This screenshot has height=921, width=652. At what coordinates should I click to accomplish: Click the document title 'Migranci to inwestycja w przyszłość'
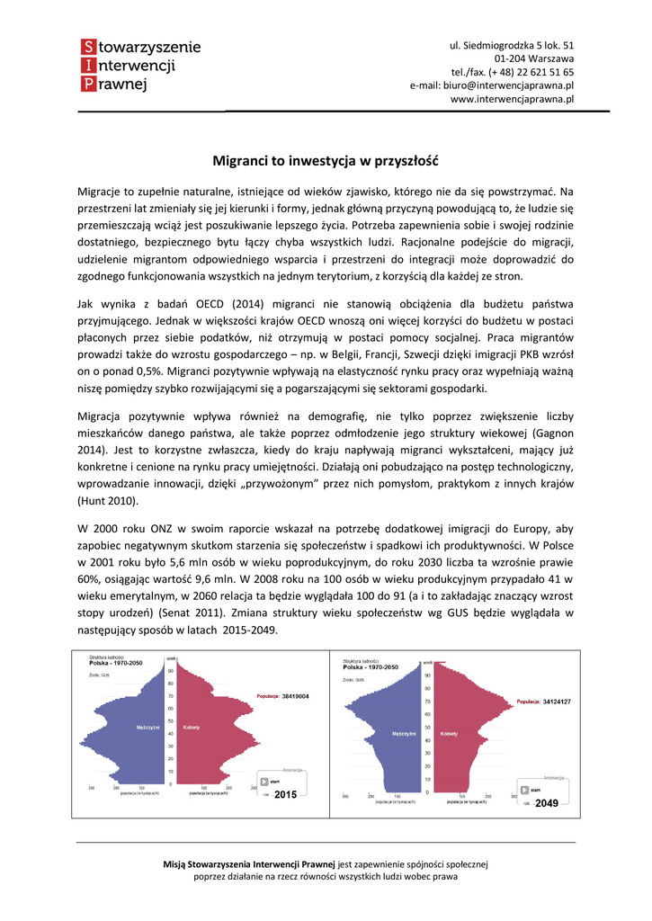coord(325,162)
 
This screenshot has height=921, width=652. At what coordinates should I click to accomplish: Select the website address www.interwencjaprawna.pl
coord(512,100)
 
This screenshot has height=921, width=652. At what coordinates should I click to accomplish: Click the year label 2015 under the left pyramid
coord(285,795)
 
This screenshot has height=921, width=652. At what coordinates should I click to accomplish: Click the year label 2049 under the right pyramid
coord(547,802)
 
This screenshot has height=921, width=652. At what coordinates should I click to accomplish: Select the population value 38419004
coord(295,696)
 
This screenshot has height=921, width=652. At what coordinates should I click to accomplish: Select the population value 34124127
coord(557,702)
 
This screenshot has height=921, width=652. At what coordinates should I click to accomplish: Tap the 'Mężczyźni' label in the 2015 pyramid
coord(148,727)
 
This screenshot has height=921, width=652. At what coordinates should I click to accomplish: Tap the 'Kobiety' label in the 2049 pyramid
coord(451,734)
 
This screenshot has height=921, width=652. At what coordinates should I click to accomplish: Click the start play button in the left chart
coord(267,782)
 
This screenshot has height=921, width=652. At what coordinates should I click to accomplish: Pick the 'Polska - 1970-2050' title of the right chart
coord(370,668)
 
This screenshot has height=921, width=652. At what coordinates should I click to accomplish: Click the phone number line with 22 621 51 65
coord(513,72)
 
